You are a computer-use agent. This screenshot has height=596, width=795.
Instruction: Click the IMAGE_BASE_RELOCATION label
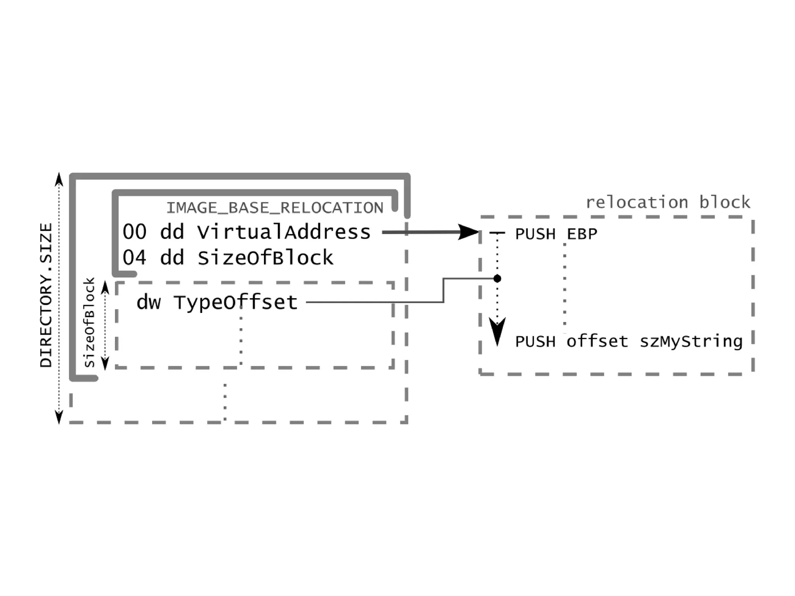pyautogui.click(x=275, y=208)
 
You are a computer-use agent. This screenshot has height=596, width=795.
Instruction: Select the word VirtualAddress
pyautogui.click(x=284, y=232)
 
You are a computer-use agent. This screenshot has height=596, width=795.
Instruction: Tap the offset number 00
pyautogui.click(x=134, y=232)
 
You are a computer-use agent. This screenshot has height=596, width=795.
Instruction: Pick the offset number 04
pyautogui.click(x=134, y=258)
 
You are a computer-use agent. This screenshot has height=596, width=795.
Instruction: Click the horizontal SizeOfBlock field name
pyautogui.click(x=266, y=258)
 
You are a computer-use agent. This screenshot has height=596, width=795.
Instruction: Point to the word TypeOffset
pyautogui.click(x=236, y=302)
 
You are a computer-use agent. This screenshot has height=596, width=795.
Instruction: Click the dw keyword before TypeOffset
pyautogui.click(x=148, y=302)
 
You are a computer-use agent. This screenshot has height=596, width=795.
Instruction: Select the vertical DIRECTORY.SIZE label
pyautogui.click(x=46, y=295)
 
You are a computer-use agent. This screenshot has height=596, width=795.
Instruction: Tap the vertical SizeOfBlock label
pyautogui.click(x=90, y=322)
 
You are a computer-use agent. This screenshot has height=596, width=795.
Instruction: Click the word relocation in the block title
pyautogui.click(x=637, y=203)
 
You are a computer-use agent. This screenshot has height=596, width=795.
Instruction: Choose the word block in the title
pyautogui.click(x=725, y=203)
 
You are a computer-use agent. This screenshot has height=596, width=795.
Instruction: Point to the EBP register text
pyautogui.click(x=582, y=234)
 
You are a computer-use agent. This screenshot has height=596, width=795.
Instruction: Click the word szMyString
pyautogui.click(x=691, y=342)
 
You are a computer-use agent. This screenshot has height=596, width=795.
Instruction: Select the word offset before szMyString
pyautogui.click(x=597, y=342)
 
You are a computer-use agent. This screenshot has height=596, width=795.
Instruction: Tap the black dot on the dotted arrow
pyautogui.click(x=497, y=278)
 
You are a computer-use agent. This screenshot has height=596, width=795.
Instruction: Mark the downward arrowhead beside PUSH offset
pyautogui.click(x=497, y=332)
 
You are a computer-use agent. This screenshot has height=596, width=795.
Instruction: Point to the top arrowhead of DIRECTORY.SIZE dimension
pyautogui.click(x=59, y=179)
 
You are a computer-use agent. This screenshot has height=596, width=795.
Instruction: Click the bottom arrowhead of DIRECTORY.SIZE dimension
pyautogui.click(x=59, y=417)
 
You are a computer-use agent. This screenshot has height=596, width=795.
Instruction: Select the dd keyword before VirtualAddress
pyautogui.click(x=172, y=232)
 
